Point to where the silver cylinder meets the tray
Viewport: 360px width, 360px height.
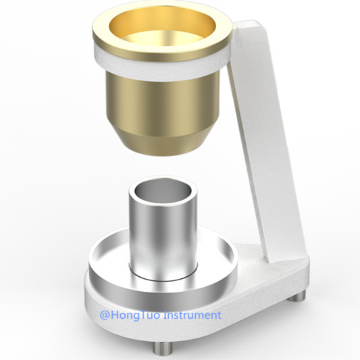[162, 276]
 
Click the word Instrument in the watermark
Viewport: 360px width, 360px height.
[193, 315]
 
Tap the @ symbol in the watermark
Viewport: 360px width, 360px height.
[105, 315]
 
